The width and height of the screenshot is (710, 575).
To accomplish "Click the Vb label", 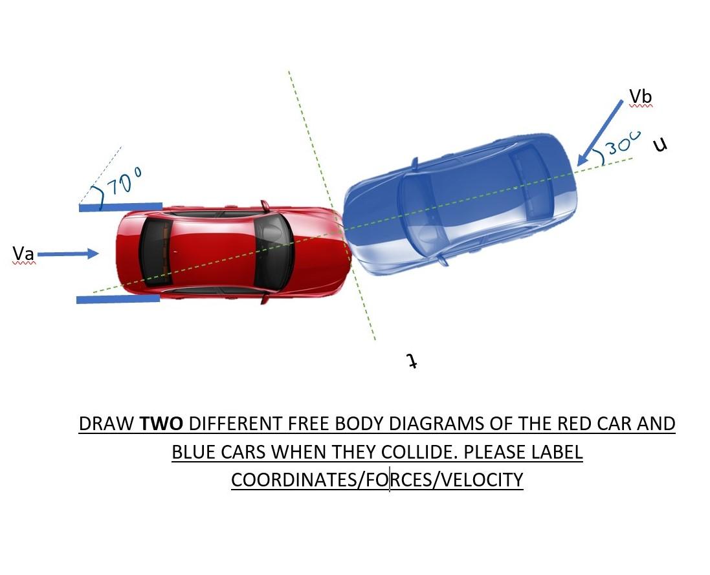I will (x=641, y=97).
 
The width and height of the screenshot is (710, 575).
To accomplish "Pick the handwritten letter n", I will (x=659, y=145).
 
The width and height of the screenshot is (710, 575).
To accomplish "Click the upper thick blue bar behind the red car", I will (x=120, y=206).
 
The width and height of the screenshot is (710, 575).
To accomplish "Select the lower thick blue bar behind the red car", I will (x=117, y=299).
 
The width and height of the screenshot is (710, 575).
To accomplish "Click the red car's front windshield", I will (x=272, y=252).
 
